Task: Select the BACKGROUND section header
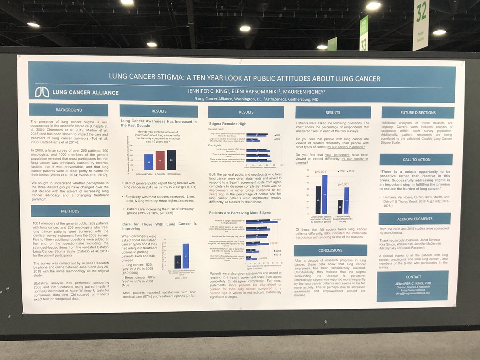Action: [x=68, y=110]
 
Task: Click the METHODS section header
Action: [x=70, y=211]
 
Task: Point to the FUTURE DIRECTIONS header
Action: [x=418, y=112]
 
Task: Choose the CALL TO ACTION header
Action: [x=416, y=159]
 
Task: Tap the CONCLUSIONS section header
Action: [x=330, y=250]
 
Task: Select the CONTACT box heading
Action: [x=413, y=277]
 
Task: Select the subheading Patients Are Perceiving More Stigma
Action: [x=239, y=212]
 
